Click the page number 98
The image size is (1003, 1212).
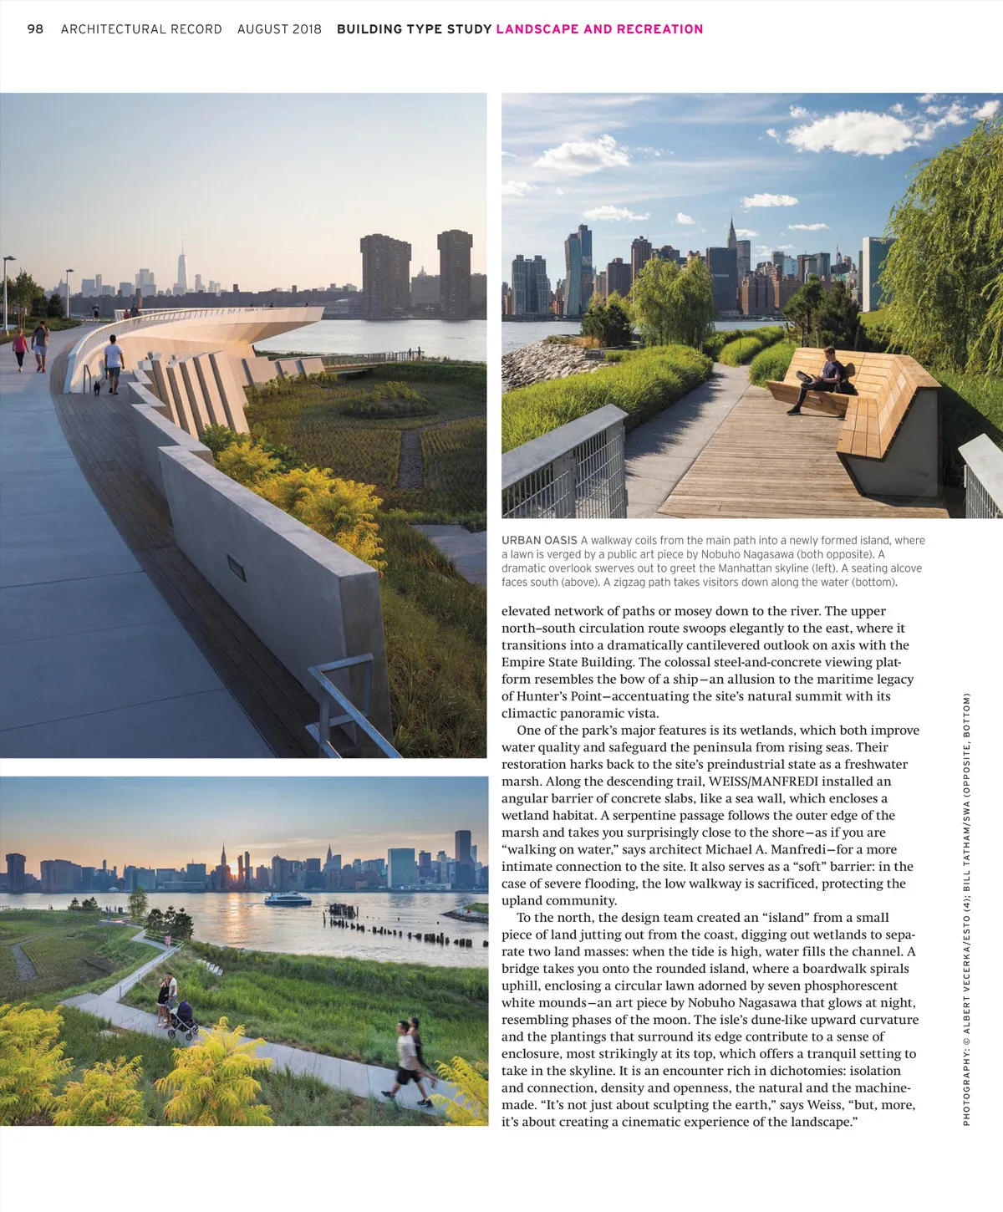[x=35, y=29]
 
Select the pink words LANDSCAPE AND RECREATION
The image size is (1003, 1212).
[x=599, y=29]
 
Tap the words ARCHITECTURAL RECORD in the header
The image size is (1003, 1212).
[x=141, y=29]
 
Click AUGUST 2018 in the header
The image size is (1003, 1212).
[x=279, y=29]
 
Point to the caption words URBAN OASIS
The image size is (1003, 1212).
[x=539, y=541]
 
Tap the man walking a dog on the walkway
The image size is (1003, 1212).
[x=113, y=364]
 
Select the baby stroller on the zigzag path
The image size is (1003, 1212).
[x=182, y=1018]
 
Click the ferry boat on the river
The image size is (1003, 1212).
[x=288, y=899]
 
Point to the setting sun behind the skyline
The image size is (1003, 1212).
[x=243, y=875]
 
